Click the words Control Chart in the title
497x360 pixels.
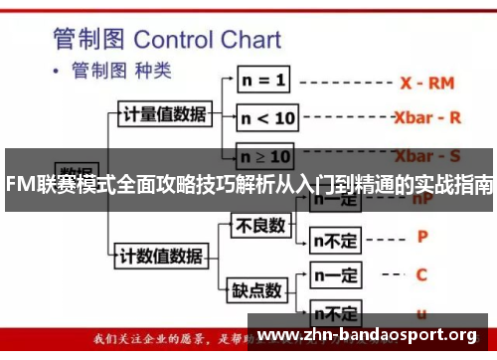pos(207,41)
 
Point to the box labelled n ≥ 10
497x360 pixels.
pos(266,156)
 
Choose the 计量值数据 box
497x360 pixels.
pos(164,113)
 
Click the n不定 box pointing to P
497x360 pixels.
pos(336,239)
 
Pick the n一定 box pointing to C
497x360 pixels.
pos(336,275)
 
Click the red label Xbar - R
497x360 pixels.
pos(427,116)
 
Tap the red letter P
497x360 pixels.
pos(422,237)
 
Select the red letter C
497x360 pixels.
pos(422,273)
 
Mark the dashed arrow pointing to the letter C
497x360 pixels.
pos(388,274)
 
